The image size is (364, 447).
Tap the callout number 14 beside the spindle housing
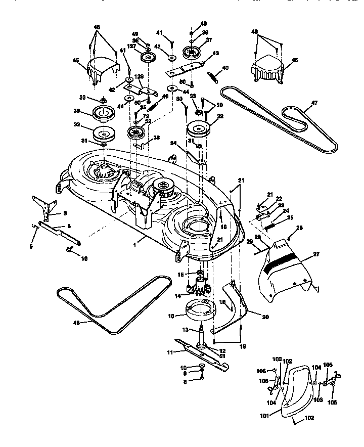pos(177,296)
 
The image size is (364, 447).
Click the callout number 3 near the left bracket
pos(65,213)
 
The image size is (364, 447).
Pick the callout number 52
pos(149,121)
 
